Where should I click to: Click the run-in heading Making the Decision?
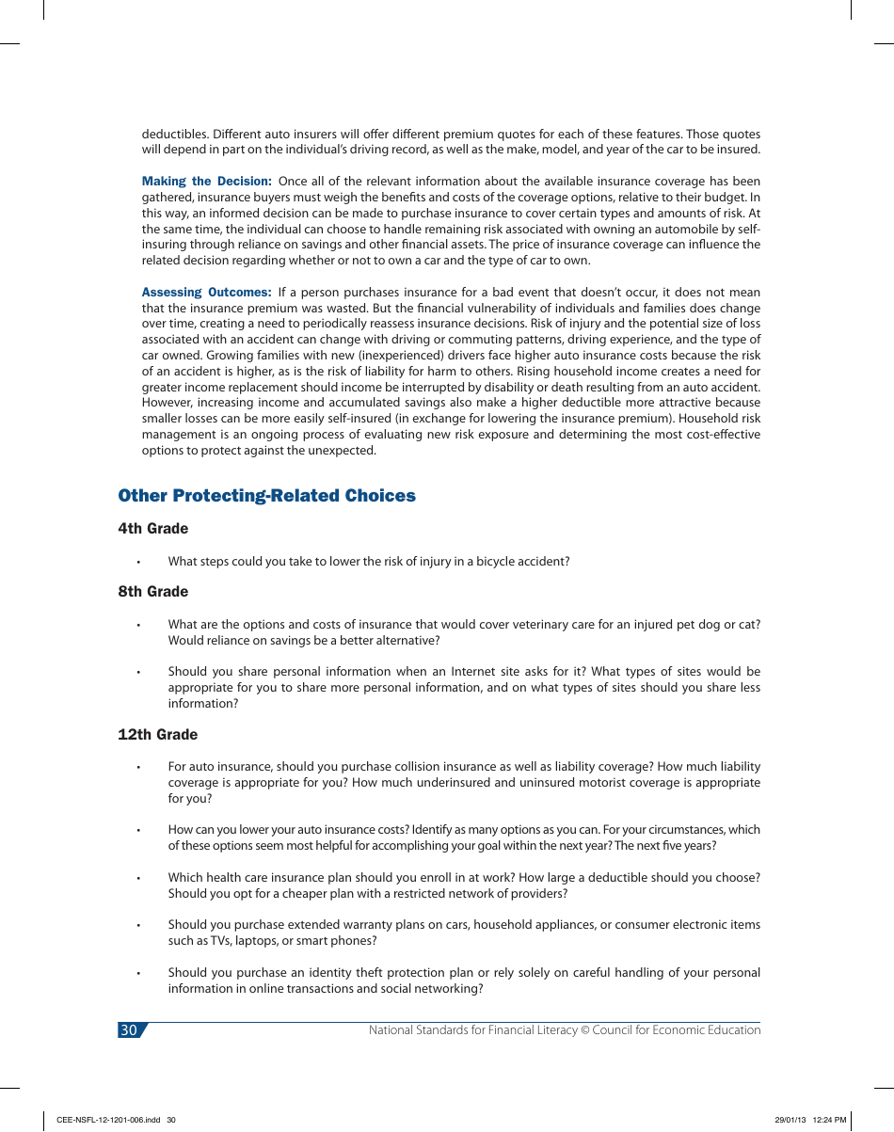pyautogui.click(x=206, y=181)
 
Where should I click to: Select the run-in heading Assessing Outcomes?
pyautogui.click(x=206, y=293)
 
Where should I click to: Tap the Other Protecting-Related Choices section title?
pyautogui.click(x=266, y=496)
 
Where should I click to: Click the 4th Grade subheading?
pyautogui.click(x=153, y=529)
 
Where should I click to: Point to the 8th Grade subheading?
pyautogui.click(x=153, y=592)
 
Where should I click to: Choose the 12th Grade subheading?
pyautogui.click(x=158, y=735)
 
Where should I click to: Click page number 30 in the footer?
pyautogui.click(x=128, y=1030)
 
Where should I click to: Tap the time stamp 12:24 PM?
pyautogui.click(x=829, y=1120)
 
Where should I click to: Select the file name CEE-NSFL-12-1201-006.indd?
pyautogui.click(x=109, y=1120)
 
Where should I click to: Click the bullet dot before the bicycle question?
pyautogui.click(x=138, y=563)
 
